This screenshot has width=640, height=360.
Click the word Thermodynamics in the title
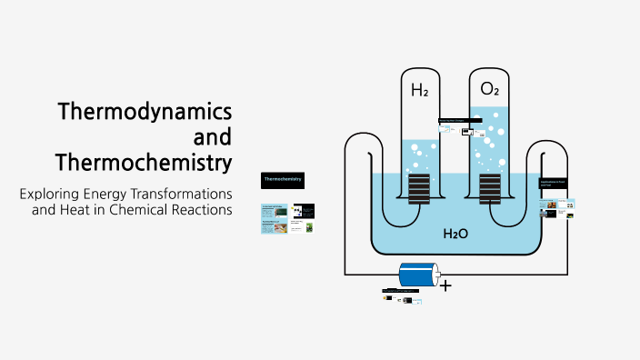[x=144, y=112]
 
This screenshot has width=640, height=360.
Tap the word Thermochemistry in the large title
[x=143, y=163]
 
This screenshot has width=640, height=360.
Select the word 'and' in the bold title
[x=213, y=137]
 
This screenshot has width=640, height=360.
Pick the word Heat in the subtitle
[x=72, y=211]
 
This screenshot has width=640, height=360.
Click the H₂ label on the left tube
[x=419, y=91]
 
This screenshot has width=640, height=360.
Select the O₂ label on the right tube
[x=490, y=90]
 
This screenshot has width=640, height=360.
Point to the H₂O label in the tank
[x=455, y=234]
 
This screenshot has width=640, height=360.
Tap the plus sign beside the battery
[x=445, y=285]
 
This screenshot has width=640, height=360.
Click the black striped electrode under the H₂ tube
[x=419, y=188]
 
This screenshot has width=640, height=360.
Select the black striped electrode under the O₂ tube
[x=490, y=188]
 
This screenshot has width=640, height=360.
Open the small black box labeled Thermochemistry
[x=282, y=180]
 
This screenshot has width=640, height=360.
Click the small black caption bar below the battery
[x=401, y=291]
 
